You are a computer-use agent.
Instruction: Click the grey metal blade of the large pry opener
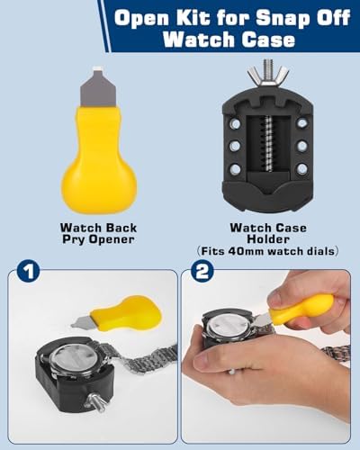click(x=98, y=88)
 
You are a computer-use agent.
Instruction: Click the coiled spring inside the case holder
click(x=268, y=144)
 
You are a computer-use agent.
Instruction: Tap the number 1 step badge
click(x=28, y=273)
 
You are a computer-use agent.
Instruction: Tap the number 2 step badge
click(x=202, y=273)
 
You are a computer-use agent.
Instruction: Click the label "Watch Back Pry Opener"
click(x=98, y=233)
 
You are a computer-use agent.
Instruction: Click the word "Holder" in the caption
click(x=268, y=239)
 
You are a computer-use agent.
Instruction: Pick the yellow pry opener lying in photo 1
click(x=118, y=313)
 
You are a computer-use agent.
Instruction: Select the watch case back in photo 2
click(x=230, y=327)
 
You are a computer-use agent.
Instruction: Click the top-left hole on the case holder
click(x=236, y=123)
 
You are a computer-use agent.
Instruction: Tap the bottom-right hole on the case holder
click(x=301, y=168)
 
